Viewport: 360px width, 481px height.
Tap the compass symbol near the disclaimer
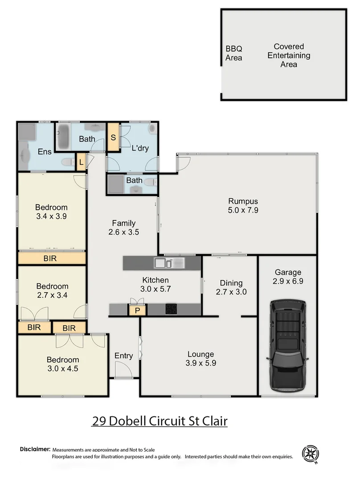pos(311,454)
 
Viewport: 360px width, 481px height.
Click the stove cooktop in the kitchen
pos(171,309)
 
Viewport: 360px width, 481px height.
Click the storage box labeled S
pos(113,138)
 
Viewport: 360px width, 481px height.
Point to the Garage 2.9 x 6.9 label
pos(287,277)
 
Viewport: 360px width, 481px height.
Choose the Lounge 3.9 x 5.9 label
pos(200,359)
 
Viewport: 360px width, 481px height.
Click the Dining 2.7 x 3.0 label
pos(231,288)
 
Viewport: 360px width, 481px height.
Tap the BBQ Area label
pos(234,53)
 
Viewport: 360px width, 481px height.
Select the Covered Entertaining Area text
pos(289,55)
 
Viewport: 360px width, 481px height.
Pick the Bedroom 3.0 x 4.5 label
pos(63,364)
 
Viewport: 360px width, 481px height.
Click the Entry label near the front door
pos(123,355)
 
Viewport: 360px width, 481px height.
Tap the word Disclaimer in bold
pos(35,450)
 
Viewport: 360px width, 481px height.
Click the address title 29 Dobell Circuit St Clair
pos(160,421)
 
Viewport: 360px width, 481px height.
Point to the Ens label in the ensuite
pos(45,152)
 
